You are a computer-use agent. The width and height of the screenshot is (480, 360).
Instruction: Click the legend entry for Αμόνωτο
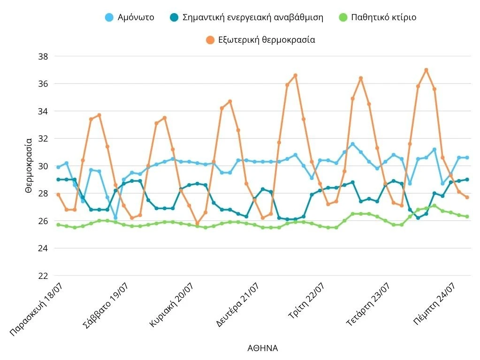click(129, 17)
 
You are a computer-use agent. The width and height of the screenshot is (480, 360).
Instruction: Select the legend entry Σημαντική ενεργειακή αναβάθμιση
click(246, 17)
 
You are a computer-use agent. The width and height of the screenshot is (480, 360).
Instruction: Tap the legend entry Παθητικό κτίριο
click(377, 17)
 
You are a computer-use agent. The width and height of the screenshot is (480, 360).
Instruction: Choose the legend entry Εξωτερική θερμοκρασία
click(260, 40)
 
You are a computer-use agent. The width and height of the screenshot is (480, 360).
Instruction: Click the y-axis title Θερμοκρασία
click(29, 165)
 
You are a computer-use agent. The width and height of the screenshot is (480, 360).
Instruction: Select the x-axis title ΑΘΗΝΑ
click(262, 348)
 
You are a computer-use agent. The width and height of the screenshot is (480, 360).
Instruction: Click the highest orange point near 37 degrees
click(426, 70)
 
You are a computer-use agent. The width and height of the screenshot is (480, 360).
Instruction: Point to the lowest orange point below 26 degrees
click(197, 224)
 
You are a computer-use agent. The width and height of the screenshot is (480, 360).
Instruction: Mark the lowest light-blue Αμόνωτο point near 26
click(115, 218)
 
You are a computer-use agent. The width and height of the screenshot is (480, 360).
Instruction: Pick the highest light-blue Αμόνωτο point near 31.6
click(353, 144)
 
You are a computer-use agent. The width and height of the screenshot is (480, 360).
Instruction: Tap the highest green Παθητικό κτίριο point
click(434, 205)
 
